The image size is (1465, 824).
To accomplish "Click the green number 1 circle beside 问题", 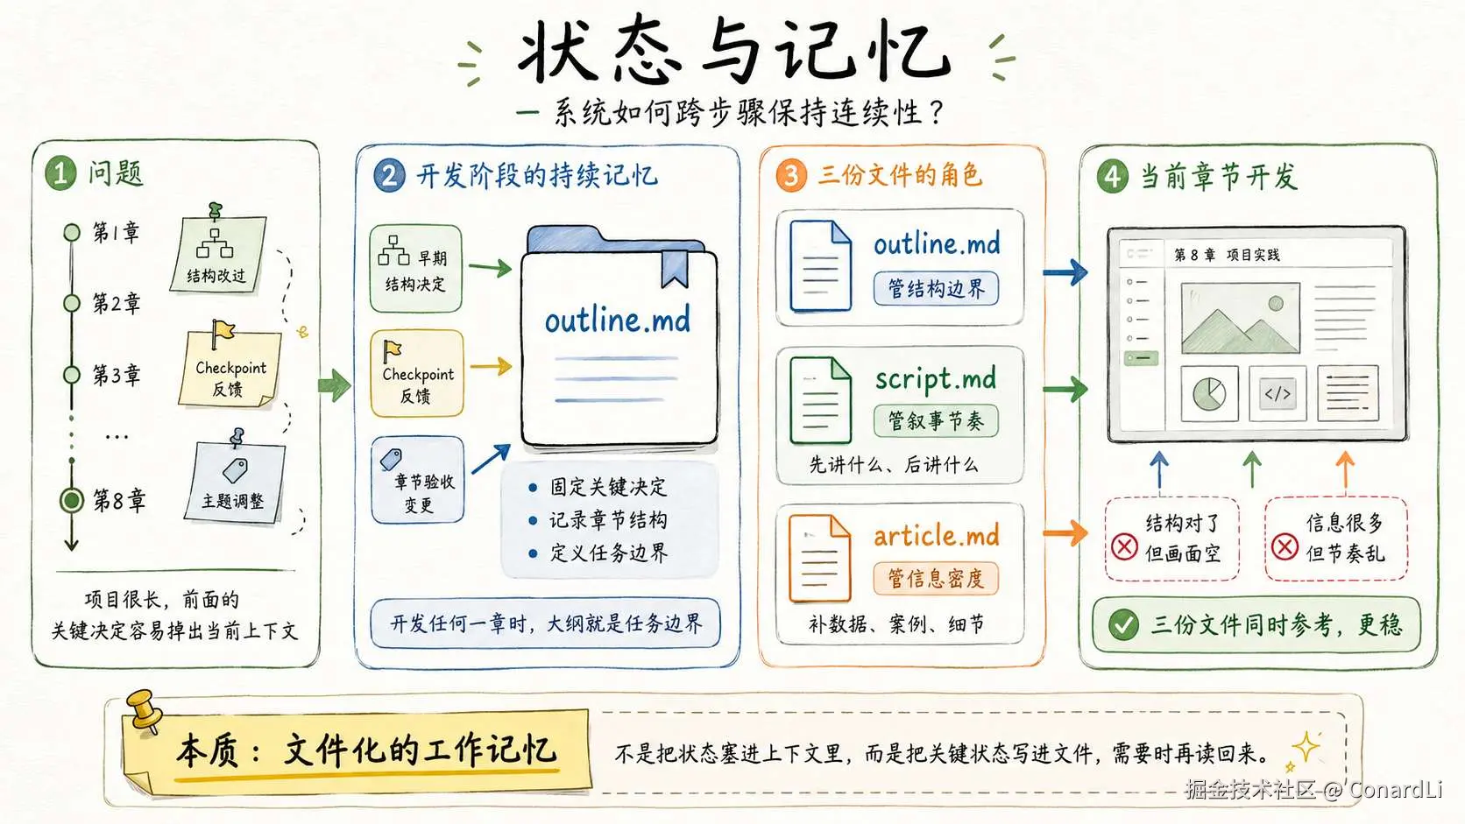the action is tap(60, 173).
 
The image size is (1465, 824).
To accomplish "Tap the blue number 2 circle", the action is tap(389, 175).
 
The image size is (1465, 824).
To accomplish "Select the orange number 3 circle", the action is tap(790, 175).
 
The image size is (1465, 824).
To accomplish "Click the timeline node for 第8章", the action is tap(71, 501).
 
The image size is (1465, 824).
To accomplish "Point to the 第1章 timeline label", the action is tap(116, 232).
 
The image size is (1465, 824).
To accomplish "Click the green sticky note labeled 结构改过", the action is tap(218, 252).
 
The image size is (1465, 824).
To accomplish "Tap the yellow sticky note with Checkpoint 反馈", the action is tap(230, 370).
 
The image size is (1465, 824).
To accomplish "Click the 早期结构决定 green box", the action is tap(415, 269).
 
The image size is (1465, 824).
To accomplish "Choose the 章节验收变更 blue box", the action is tap(417, 480).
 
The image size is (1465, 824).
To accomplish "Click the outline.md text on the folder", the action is tap(618, 320).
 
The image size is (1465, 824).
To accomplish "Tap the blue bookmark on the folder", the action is tap(675, 269).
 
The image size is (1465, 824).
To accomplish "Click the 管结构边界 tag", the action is tap(936, 289).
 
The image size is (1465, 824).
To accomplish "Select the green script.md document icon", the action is tap(820, 400).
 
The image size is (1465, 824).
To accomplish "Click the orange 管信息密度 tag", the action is tap(936, 578).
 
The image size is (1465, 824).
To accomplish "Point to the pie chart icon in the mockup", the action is tap(1209, 393).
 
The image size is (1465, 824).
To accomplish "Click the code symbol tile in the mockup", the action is tap(1277, 393).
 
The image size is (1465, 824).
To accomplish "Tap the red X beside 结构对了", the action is tap(1124, 546).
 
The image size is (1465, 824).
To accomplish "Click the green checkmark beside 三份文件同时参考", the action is tap(1123, 624).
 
